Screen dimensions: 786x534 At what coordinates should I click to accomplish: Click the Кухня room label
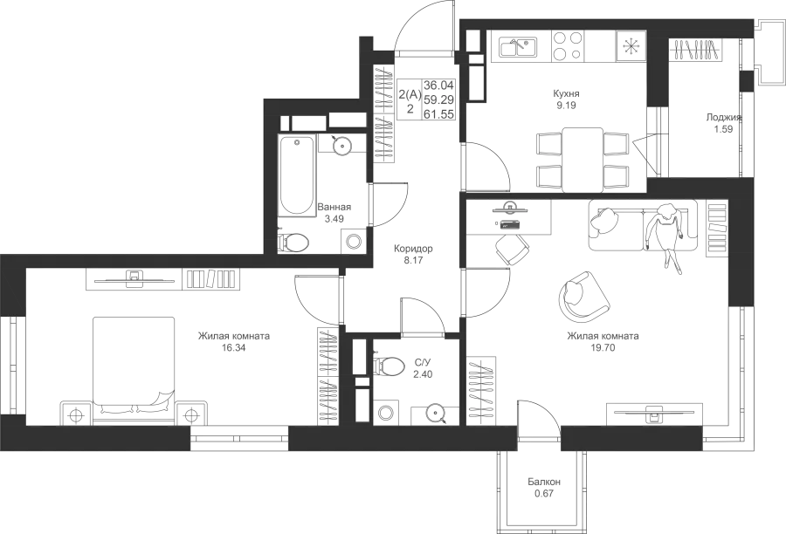tap(566, 93)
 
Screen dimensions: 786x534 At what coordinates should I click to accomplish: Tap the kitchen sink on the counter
tap(518, 48)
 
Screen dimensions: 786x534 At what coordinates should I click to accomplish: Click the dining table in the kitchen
tap(583, 160)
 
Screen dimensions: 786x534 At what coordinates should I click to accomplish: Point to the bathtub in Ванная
tap(297, 175)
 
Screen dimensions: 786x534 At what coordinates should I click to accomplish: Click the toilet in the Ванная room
tap(295, 243)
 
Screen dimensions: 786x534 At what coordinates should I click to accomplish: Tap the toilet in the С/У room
tap(390, 366)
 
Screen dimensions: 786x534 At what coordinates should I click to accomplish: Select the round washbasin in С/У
tap(435, 414)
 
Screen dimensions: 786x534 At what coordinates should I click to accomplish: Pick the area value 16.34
tap(234, 347)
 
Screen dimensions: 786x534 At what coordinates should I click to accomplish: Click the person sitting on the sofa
tap(665, 236)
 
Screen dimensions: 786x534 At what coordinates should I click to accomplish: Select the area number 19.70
tap(603, 347)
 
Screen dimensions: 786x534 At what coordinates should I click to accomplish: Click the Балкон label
tap(544, 482)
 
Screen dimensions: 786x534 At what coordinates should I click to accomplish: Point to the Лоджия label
tap(723, 118)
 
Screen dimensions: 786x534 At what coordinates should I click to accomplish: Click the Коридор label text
tap(413, 249)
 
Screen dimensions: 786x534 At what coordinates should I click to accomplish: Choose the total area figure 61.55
tap(439, 114)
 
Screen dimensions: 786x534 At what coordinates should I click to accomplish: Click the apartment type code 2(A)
tap(410, 93)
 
